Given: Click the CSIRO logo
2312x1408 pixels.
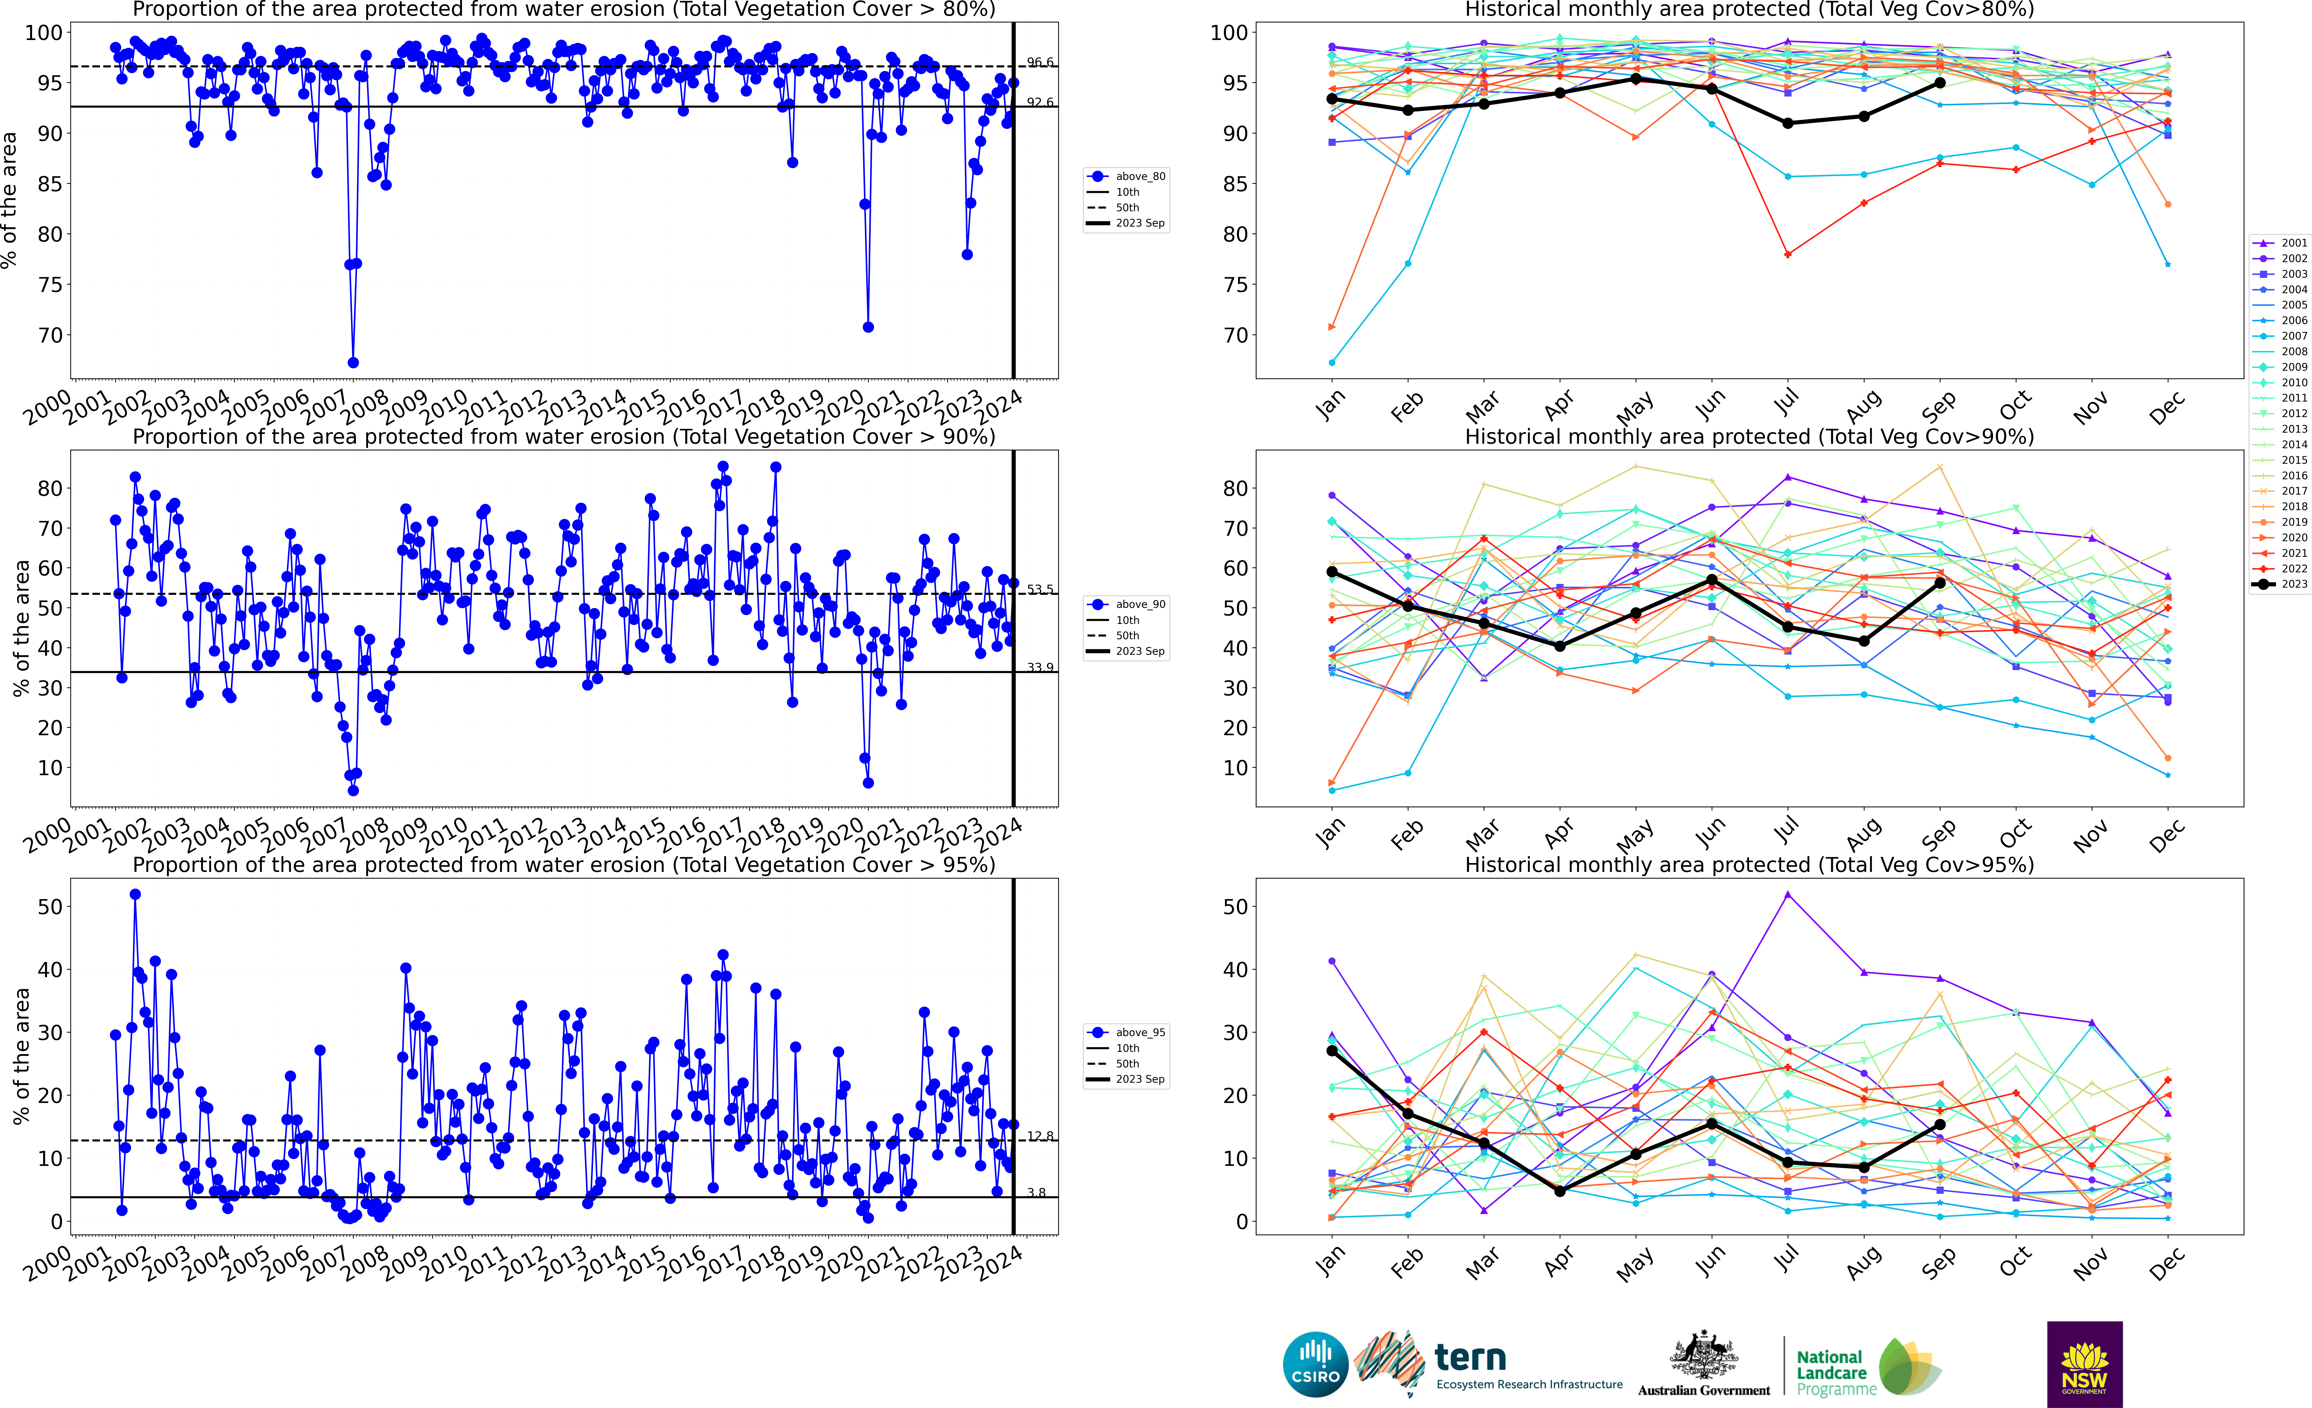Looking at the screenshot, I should coord(1315,1364).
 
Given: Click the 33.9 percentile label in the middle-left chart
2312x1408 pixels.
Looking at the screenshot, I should coord(1040,667).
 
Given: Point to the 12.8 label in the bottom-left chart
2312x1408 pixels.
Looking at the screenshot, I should coord(1040,1137).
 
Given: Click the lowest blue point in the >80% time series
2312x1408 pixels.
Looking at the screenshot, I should coord(353,362).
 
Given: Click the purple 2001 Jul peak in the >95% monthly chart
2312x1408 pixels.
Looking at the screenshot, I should coord(1788,895).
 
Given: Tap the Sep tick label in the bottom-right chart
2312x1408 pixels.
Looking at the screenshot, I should coord(1939,1262).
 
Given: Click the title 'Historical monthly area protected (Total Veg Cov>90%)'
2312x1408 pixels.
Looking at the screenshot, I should coord(1749,437).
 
